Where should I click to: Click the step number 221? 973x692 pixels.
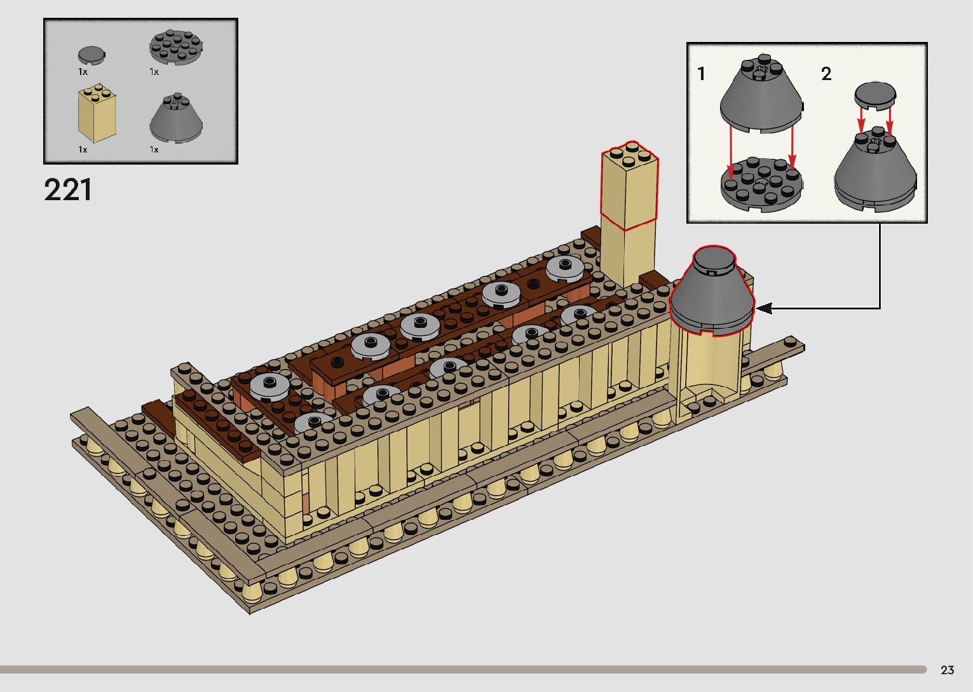[68, 190]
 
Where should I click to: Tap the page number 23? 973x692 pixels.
[947, 670]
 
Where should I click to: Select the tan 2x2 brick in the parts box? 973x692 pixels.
[97, 114]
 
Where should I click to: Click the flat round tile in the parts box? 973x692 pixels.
[92, 55]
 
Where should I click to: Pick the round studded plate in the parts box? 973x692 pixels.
[176, 47]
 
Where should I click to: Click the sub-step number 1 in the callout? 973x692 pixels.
[701, 74]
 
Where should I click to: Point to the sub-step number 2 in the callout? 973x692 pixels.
[826, 74]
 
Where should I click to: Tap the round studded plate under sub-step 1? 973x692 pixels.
[761, 184]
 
